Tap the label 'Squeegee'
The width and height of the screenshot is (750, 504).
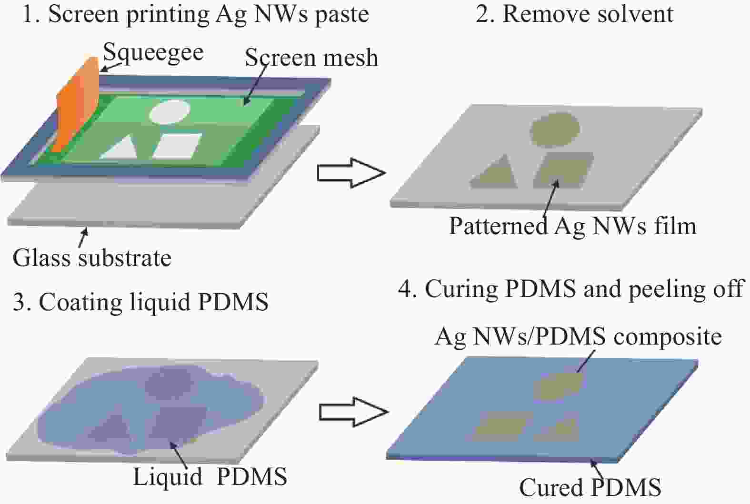coord(153,53)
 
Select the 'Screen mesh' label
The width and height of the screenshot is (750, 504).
coord(311,58)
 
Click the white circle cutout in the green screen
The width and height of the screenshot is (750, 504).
coord(170,111)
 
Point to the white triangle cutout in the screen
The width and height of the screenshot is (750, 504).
coord(120,148)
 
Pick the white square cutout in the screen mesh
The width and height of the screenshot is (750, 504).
coord(178,146)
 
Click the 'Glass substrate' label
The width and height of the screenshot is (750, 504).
coord(92,258)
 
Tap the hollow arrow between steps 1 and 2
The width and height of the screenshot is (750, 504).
coord(351,173)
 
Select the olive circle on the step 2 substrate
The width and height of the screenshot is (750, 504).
coord(555,130)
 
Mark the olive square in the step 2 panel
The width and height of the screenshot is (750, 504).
coord(564,170)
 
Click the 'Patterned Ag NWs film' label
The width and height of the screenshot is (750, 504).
coord(573,226)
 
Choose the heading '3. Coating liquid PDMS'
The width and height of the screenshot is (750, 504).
coord(140,302)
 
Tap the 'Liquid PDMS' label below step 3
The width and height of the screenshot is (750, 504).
coord(210,476)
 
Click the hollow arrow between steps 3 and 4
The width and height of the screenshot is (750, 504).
coord(353,412)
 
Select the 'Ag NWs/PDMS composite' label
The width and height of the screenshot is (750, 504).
coord(578,336)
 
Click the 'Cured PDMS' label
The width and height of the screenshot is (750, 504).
coord(590,488)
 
